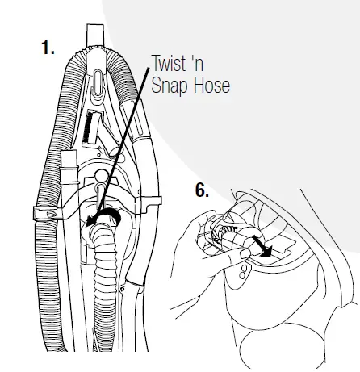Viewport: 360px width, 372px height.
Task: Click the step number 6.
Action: [x=202, y=191]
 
